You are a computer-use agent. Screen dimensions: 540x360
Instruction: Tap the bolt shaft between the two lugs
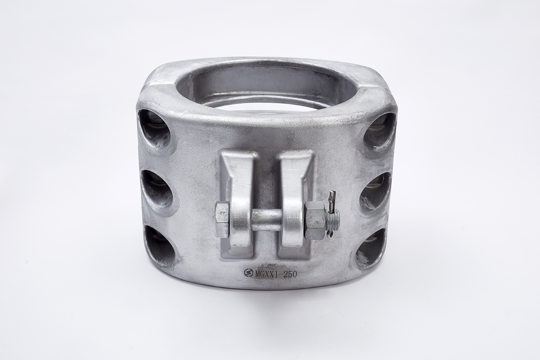(266, 219)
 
